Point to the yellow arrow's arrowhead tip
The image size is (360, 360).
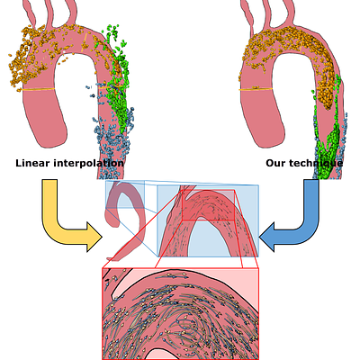(103, 237)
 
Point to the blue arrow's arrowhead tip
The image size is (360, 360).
(259, 237)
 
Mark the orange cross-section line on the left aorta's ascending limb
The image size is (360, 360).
(38, 89)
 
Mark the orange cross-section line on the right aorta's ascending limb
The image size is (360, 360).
(256, 89)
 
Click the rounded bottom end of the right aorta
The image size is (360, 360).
(267, 141)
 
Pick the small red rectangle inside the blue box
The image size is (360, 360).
(209, 205)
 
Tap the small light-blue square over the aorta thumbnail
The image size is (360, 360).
(125, 194)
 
